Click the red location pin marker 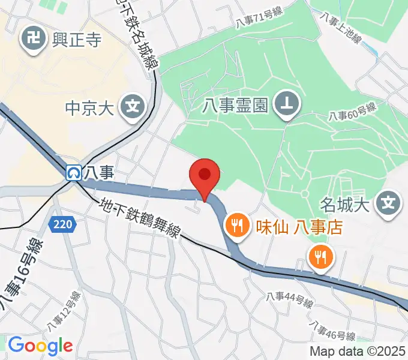[x=205, y=176]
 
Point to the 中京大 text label [x=89, y=109]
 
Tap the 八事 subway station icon [x=74, y=173]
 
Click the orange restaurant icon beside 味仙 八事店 [x=235, y=226]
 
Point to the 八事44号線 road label [x=290, y=300]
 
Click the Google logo [x=40, y=346]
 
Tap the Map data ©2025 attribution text [x=358, y=351]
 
